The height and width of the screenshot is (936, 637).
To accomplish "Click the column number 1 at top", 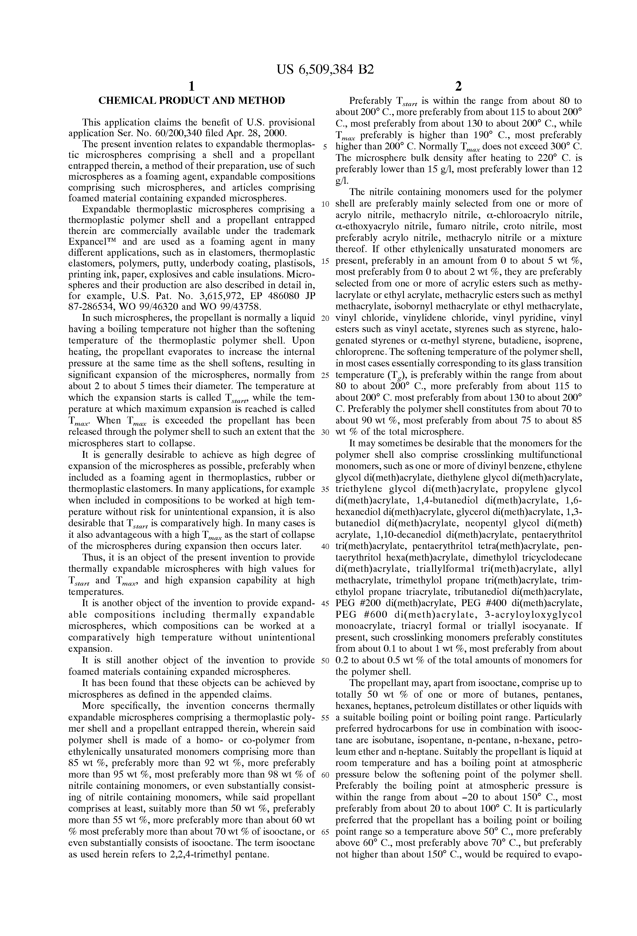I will click(x=192, y=86).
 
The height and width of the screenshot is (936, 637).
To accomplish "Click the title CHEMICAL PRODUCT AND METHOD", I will click(x=192, y=101).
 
